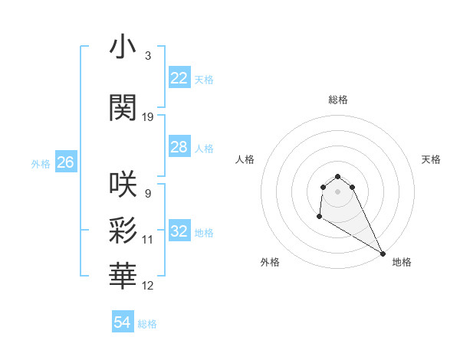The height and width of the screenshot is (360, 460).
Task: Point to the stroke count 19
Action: click(148, 117)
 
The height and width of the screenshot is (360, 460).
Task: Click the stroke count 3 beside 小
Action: click(147, 56)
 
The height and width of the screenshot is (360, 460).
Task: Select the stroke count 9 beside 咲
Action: click(147, 193)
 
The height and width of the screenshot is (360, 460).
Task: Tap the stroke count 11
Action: click(148, 239)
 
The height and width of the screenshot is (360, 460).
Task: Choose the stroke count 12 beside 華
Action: click(148, 285)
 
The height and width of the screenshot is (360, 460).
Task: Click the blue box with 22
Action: click(179, 78)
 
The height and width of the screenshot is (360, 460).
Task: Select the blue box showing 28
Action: click(179, 147)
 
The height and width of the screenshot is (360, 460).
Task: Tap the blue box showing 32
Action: click(179, 231)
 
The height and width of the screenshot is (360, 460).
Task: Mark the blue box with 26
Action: click(66, 162)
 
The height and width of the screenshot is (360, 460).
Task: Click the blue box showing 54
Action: click(123, 323)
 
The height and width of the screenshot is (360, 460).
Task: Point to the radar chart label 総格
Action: click(338, 100)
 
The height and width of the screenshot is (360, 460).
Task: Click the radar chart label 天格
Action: click(431, 159)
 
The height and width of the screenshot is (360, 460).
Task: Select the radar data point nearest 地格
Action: click(383, 253)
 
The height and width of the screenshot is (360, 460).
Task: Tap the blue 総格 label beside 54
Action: click(147, 324)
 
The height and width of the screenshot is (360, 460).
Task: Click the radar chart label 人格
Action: click(245, 159)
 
